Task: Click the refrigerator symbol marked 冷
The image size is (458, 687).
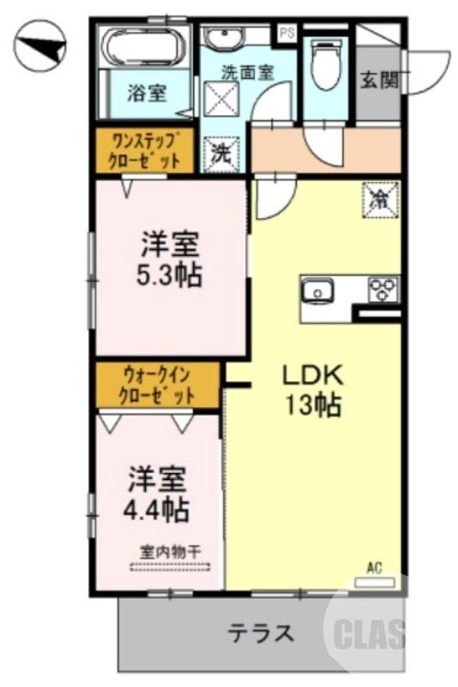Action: click(x=378, y=199)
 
